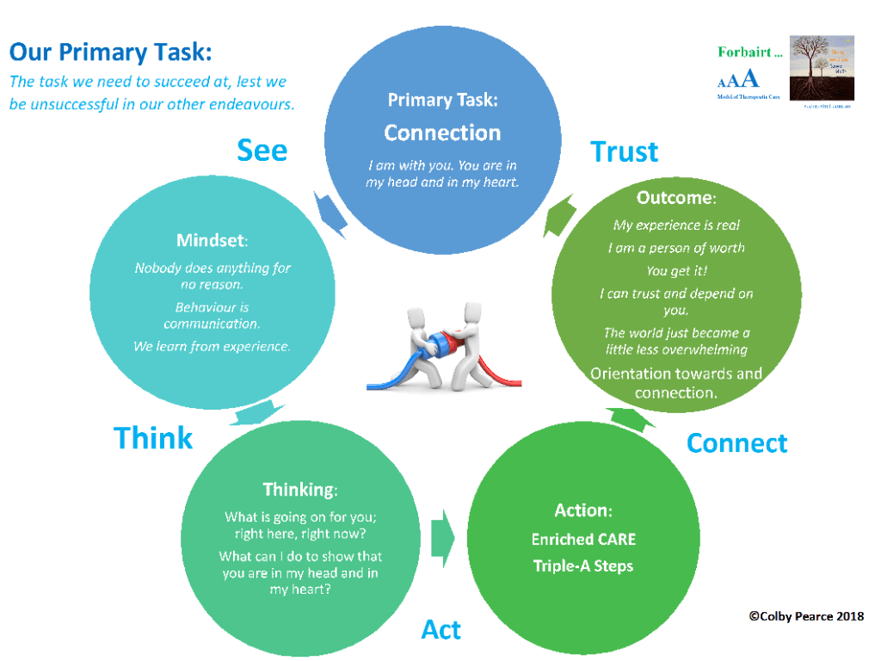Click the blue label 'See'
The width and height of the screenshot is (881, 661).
pos(262,151)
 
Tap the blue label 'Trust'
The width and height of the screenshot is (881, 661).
pos(625,152)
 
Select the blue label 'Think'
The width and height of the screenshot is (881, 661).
pos(153,438)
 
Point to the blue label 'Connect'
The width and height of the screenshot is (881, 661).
pos(736,443)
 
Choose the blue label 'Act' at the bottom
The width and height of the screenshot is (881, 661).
pos(441,630)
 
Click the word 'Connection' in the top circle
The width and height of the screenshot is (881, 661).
pos(442,133)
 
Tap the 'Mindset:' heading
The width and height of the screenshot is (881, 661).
pos(213,241)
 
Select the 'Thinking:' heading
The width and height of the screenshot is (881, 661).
pos(300,490)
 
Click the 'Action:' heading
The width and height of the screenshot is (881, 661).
pos(583,510)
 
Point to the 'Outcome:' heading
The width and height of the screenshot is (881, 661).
pos(675,198)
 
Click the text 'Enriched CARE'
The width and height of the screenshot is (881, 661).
pos(583,540)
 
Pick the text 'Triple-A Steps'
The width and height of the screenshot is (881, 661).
pos(583,565)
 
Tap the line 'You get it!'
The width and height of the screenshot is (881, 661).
pos(676,271)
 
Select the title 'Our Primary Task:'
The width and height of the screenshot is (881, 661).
pos(110,53)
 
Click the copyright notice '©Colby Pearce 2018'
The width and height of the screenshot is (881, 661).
pos(806,616)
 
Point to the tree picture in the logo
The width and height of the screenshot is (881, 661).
pos(822,70)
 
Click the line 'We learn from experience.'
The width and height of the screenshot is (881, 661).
pos(213,347)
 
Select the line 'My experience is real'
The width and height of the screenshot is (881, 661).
pos(676,225)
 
